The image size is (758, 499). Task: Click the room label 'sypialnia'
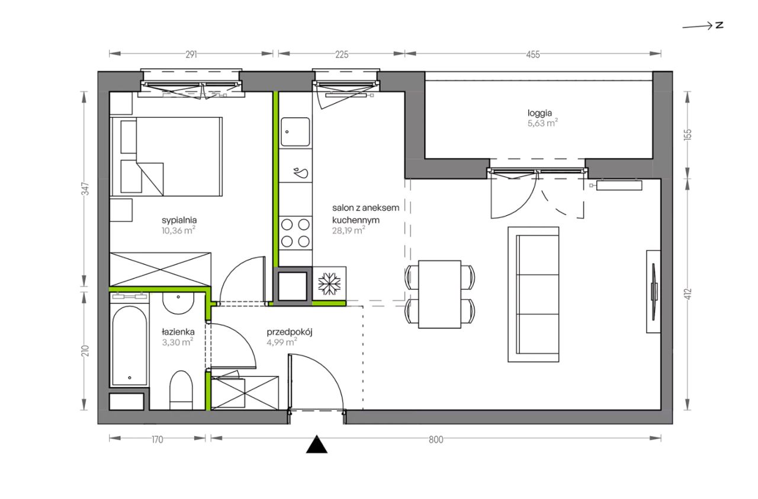tap(179, 220)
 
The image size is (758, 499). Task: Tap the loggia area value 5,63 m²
tap(542, 123)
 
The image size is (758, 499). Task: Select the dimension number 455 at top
tap(533, 55)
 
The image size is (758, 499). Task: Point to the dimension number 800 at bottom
tap(436, 439)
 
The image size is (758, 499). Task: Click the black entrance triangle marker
tap(316, 444)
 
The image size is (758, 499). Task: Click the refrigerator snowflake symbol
tap(329, 283)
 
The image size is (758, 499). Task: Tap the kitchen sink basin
tap(295, 132)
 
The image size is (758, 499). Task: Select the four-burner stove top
tap(296, 233)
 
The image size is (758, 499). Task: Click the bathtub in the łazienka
tap(129, 346)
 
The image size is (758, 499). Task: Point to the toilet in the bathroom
tap(181, 390)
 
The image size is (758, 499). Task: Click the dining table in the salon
tap(439, 294)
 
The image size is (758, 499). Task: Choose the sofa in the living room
tap(533, 294)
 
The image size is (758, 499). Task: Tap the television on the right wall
tap(654, 292)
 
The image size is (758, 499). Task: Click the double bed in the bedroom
tap(166, 156)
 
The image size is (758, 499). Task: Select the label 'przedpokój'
tap(290, 332)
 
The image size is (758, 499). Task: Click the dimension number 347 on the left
tap(86, 188)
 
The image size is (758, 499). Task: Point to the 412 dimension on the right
tap(688, 294)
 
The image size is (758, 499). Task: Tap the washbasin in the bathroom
tap(178, 303)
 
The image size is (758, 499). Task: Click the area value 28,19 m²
tap(349, 231)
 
